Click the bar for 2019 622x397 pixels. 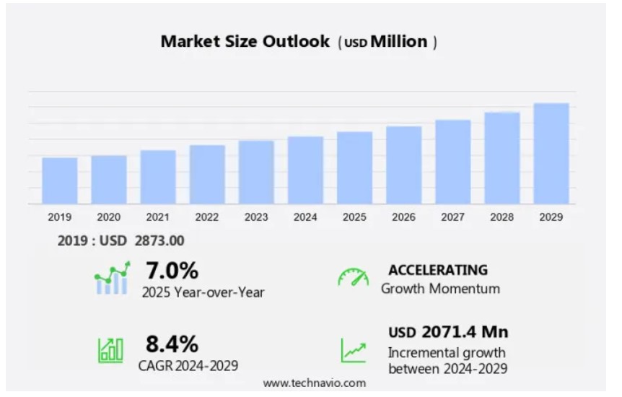point(59,180)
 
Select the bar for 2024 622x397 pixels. point(305,170)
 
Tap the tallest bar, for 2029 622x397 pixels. point(551,154)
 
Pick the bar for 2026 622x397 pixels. point(403,165)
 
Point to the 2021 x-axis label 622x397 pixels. point(157,217)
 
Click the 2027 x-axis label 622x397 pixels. point(452,217)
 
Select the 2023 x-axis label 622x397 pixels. point(256,217)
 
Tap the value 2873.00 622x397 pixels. point(159,241)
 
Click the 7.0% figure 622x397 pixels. point(172,271)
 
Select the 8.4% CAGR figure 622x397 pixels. point(172,343)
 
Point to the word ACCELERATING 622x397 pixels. point(438,270)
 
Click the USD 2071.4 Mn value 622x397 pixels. point(448,332)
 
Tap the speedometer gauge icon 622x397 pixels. point(353,277)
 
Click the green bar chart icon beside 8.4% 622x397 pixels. point(110,349)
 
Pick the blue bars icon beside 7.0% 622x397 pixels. point(112,279)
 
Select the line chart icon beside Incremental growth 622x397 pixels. point(353,350)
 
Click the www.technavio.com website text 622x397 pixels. point(314,383)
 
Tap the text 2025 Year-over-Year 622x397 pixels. point(203,292)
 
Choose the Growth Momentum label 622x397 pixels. point(440,289)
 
